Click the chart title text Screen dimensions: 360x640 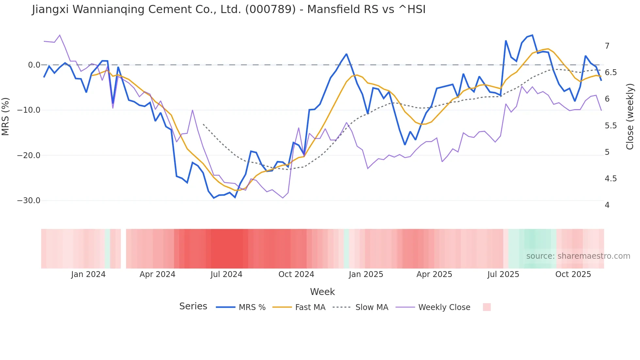pyautogui.click(x=229, y=9)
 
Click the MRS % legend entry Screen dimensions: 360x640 pyautogui.click(x=252, y=307)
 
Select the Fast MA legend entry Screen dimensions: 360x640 pyautogui.click(x=310, y=307)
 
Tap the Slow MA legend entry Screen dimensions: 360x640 pyautogui.click(x=372, y=307)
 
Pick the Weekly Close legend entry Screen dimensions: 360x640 pyautogui.click(x=444, y=307)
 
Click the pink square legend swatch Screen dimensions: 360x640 pyautogui.click(x=487, y=307)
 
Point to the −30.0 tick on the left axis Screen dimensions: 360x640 pyautogui.click(x=29, y=201)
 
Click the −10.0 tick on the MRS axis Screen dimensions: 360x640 pyautogui.click(x=29, y=110)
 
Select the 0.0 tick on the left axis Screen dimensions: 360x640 pyautogui.click(x=34, y=65)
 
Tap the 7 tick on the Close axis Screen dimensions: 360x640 pyautogui.click(x=607, y=46)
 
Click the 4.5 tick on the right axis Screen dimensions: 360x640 pyautogui.click(x=611, y=179)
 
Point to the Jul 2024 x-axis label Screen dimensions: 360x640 pyautogui.click(x=226, y=274)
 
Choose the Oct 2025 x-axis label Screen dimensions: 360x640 pyautogui.click(x=573, y=274)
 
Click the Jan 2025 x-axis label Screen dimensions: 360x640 pyautogui.click(x=366, y=274)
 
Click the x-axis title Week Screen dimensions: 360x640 pyautogui.click(x=322, y=292)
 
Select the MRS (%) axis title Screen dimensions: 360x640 pyautogui.click(x=6, y=116)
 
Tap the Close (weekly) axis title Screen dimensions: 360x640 pyautogui.click(x=630, y=116)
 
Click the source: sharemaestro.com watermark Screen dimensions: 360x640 pyautogui.click(x=578, y=256)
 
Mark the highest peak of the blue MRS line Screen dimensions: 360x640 pyautogui.click(x=532, y=35)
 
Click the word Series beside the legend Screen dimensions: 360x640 pyautogui.click(x=193, y=306)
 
